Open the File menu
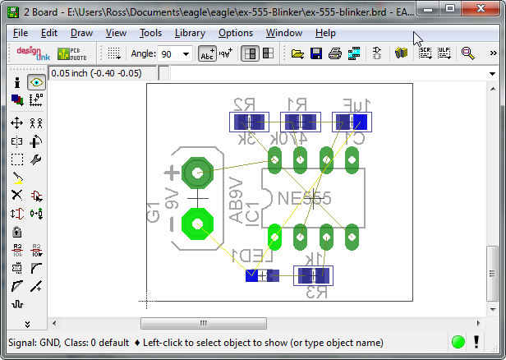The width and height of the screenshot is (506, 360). click(21, 33)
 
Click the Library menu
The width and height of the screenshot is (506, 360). click(190, 33)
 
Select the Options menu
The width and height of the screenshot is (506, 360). click(236, 33)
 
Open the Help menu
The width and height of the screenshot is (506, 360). click(325, 33)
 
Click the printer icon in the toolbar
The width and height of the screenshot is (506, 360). click(335, 53)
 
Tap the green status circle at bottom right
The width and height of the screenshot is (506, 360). click(458, 342)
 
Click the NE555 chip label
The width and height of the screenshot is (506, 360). click(305, 199)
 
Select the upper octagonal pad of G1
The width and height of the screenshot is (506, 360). click(197, 173)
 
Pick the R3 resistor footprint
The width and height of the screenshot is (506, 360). click(313, 275)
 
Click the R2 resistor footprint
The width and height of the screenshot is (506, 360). click(248, 122)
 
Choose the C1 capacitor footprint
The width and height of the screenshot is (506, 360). click(352, 122)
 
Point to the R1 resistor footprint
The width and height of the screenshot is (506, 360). click(300, 122)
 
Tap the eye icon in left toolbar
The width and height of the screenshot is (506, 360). click(36, 82)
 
